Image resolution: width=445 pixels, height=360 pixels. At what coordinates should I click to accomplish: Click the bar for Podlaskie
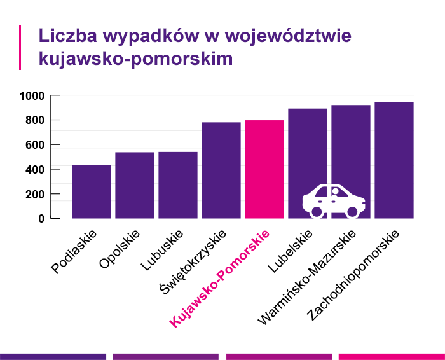(x=92, y=191)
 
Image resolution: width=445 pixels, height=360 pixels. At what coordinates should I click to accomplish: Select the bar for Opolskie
(x=135, y=185)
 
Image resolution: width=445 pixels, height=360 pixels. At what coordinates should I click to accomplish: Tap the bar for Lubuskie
(x=178, y=185)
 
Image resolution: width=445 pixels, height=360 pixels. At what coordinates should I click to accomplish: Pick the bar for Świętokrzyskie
(x=221, y=170)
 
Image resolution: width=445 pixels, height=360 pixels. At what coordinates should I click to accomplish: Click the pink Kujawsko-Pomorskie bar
(x=264, y=169)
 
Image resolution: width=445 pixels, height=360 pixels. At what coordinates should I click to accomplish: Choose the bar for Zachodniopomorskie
(x=394, y=160)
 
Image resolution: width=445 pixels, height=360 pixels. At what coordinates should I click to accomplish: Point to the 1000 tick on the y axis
(x=31, y=96)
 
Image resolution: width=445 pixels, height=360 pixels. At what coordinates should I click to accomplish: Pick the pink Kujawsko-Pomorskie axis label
(x=220, y=279)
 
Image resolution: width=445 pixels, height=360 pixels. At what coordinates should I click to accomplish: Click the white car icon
(x=333, y=200)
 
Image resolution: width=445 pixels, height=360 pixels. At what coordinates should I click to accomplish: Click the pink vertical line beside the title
(x=21, y=47)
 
